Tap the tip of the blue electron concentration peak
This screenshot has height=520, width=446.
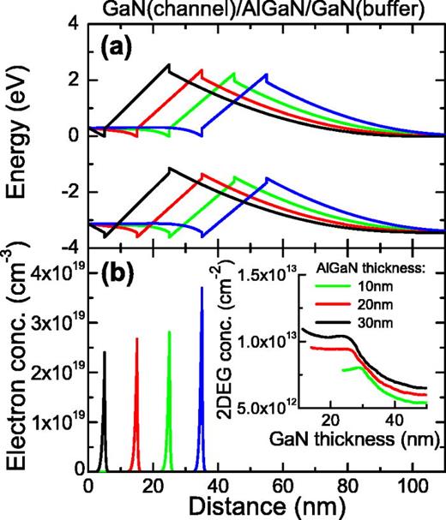pyautogui.click(x=202, y=288)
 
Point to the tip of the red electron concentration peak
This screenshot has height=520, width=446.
pyautogui.click(x=136, y=338)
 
